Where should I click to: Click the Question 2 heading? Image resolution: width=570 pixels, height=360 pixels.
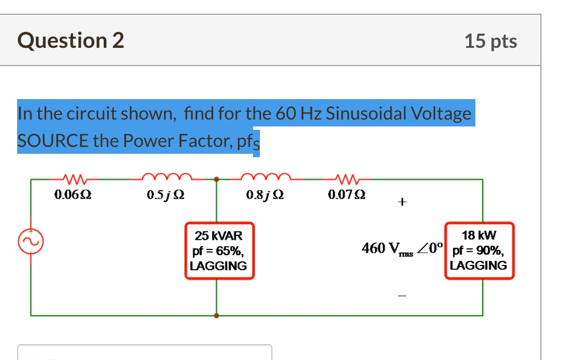(71, 41)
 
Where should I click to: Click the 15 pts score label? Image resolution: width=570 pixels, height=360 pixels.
(490, 41)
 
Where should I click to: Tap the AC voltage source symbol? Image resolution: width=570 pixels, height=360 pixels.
(31, 243)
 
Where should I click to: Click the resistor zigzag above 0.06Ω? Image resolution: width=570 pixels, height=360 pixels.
(72, 179)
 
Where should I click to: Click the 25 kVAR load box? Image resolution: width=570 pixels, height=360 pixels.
(218, 251)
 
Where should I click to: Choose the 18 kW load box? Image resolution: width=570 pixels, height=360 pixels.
(479, 251)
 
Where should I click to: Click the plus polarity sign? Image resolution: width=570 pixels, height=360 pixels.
(402, 202)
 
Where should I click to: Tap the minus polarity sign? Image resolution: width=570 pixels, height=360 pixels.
(402, 296)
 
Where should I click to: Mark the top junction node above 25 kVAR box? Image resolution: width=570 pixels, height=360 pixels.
(216, 180)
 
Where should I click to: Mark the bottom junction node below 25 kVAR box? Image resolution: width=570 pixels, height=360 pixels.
(216, 315)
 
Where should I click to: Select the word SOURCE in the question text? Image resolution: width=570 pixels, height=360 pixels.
(53, 141)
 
